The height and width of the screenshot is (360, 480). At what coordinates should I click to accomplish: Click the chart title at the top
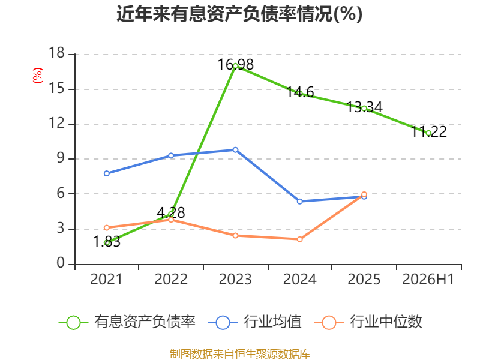click(x=239, y=14)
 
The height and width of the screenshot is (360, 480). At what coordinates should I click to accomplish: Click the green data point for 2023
click(x=235, y=66)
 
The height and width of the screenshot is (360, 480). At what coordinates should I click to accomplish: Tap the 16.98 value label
click(x=235, y=65)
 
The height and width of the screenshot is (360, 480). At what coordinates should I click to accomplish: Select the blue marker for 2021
click(x=107, y=173)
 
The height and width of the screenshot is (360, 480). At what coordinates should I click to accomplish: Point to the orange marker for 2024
click(x=299, y=239)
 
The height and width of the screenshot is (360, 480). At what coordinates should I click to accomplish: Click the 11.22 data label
click(x=428, y=131)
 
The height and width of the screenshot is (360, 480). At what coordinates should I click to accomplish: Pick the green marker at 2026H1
click(x=428, y=133)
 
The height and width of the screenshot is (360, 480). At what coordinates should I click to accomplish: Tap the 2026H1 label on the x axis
click(x=428, y=279)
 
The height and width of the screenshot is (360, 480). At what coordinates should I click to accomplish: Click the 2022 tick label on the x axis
click(x=171, y=279)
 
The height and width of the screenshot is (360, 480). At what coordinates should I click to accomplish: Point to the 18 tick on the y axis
click(x=57, y=53)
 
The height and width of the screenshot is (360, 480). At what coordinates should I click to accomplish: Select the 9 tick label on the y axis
click(x=61, y=158)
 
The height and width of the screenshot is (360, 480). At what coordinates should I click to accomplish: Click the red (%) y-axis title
click(x=38, y=76)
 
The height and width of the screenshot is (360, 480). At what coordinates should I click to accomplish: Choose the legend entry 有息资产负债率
click(x=127, y=322)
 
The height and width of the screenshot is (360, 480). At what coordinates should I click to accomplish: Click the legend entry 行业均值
click(x=254, y=322)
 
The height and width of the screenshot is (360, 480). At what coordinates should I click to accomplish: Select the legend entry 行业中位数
click(x=368, y=322)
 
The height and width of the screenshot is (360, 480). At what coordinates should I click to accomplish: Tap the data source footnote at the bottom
click(x=240, y=353)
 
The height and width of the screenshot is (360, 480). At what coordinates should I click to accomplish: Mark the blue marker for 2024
click(x=299, y=202)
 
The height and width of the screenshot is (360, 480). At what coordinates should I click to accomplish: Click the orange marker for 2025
click(x=364, y=194)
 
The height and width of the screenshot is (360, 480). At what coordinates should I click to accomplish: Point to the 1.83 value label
click(x=107, y=242)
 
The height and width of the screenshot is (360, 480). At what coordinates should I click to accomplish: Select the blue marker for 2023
click(x=235, y=150)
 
